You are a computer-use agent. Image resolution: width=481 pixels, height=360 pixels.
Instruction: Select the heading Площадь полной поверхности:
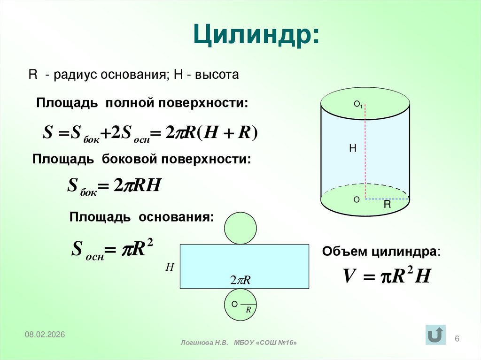coord(142,103)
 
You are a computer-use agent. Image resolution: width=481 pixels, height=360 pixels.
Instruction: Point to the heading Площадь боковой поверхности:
coord(142,159)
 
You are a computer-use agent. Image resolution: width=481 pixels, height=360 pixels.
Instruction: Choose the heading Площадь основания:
coord(141,217)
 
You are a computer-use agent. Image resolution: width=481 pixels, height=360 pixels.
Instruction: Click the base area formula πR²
coord(112,249)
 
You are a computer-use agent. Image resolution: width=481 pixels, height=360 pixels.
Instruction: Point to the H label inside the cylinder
coord(353,149)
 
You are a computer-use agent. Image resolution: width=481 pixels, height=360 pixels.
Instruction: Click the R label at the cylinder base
coord(387,205)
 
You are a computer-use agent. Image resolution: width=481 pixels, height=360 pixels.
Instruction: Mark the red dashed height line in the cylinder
coord(365,150)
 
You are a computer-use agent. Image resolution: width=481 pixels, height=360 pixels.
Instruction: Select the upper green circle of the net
coord(240,229)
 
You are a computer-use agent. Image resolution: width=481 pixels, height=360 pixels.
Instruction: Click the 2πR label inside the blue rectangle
coord(240,280)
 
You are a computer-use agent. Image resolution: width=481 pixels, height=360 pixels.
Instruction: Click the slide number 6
coord(458,339)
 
